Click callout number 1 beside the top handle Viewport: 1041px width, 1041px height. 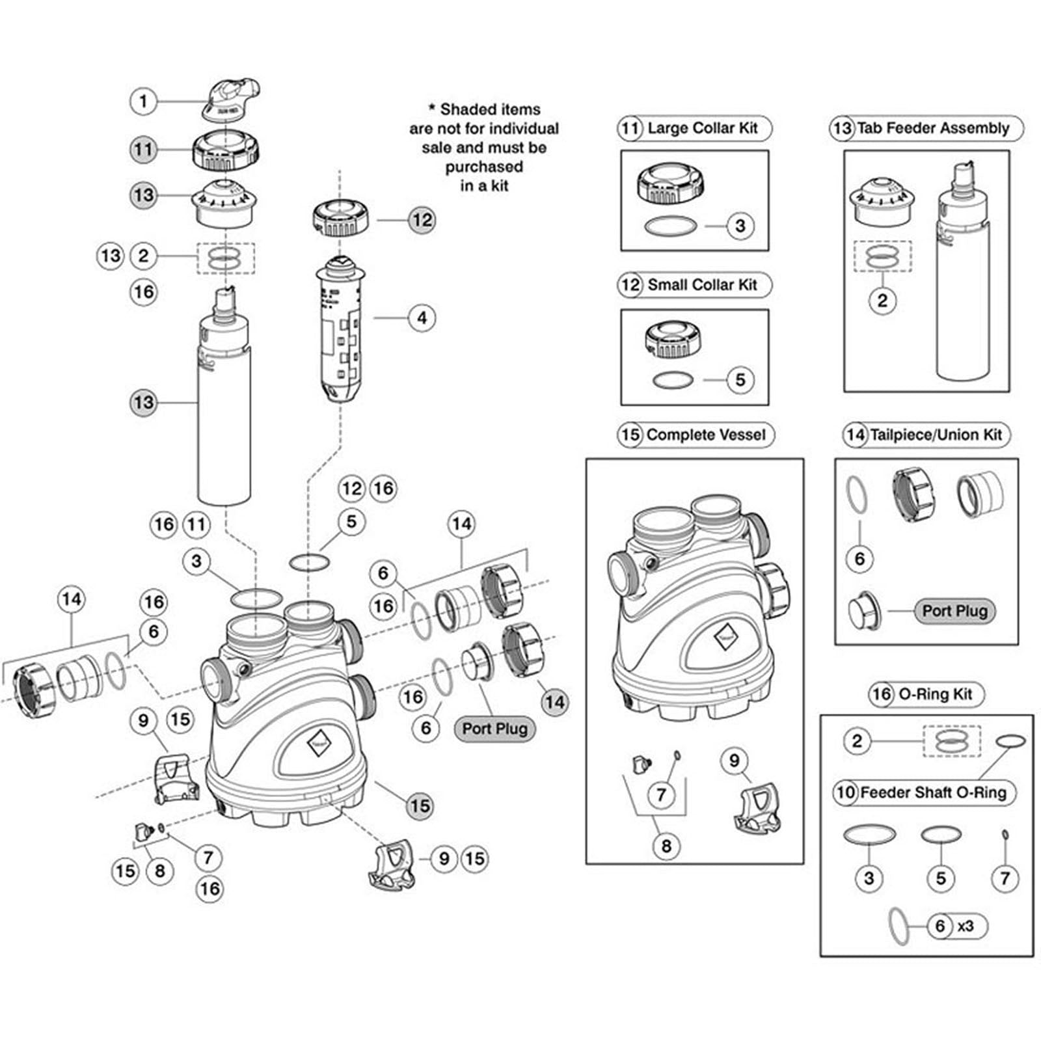click(x=143, y=101)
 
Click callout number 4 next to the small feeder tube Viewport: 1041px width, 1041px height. click(x=422, y=318)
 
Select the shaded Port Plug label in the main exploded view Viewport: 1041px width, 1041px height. click(x=494, y=729)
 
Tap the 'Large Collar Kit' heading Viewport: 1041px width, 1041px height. click(x=702, y=128)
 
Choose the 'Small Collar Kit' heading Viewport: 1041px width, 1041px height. click(x=702, y=285)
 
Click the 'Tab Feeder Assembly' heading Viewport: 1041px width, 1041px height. click(x=932, y=128)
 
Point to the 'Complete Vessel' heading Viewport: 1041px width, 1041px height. click(x=705, y=435)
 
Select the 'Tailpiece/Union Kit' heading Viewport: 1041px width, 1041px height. click(x=936, y=435)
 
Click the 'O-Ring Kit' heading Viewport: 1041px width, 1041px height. click(x=935, y=694)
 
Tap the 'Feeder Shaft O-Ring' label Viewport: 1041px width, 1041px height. click(x=932, y=792)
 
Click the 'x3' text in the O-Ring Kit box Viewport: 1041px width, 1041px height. click(x=966, y=925)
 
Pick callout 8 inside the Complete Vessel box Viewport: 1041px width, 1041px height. click(x=666, y=846)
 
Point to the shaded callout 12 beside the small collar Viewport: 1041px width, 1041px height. click(x=422, y=220)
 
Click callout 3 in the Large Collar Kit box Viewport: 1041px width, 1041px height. click(x=740, y=226)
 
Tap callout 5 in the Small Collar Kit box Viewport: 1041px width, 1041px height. click(x=740, y=380)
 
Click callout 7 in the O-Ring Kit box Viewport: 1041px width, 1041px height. click(x=1005, y=878)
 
